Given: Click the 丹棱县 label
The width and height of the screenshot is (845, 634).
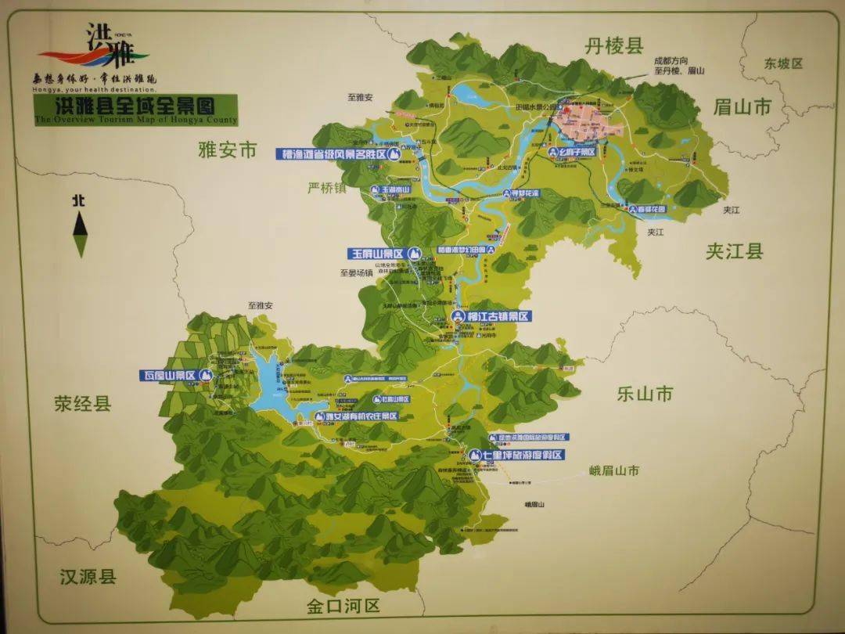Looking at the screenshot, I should point(614,46).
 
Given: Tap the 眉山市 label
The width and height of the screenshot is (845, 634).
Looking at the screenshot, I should point(743,106).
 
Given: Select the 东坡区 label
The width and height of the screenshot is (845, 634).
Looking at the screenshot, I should point(783,63).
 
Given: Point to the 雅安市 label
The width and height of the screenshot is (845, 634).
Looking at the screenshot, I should point(228,151).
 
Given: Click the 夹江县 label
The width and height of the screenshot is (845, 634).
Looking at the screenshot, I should point(734,251).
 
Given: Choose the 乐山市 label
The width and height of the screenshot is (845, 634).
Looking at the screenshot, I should point(645,394).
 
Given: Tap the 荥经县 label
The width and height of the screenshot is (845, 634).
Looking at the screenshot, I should point(83,404).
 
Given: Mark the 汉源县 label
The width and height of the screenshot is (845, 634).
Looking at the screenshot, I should point(88,577).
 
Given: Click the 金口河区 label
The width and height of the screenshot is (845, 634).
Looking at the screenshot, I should point(343,606).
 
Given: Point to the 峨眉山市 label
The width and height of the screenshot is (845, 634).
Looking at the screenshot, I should point(614,470).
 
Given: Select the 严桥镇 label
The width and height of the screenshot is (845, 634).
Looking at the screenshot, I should point(326,188).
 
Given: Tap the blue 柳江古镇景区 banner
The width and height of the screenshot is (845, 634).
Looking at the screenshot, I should point(492,316).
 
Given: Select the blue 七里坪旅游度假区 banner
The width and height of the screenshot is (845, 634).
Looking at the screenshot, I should point(516,455).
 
